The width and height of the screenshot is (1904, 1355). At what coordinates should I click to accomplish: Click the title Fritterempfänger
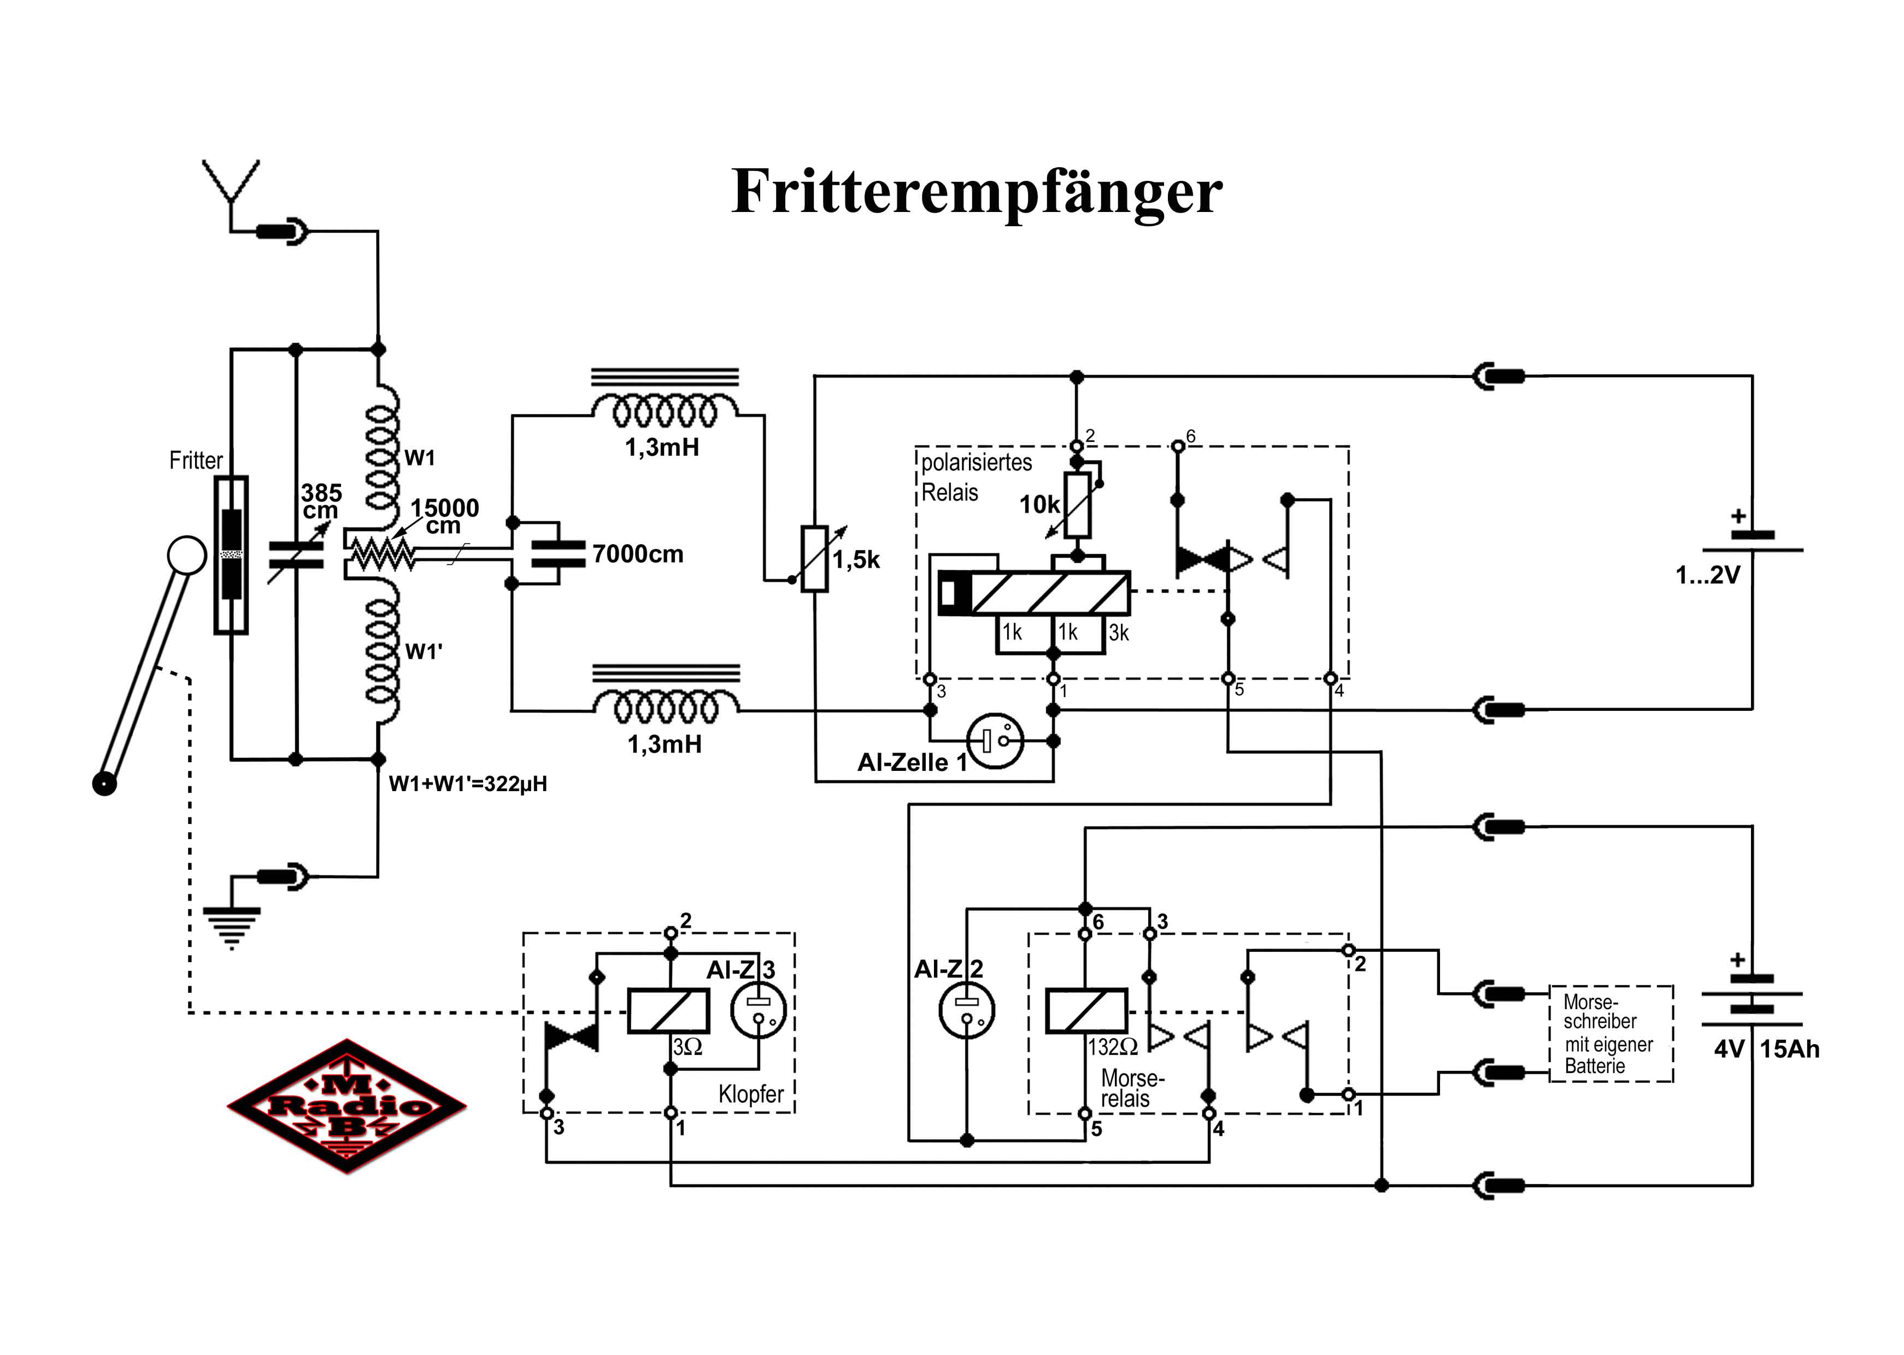[x=976, y=192]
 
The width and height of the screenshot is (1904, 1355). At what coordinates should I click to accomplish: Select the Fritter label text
[x=196, y=461]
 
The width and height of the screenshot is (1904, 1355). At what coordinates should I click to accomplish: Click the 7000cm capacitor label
[x=637, y=554]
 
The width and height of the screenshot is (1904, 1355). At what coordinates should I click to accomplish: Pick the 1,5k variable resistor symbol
[x=814, y=558]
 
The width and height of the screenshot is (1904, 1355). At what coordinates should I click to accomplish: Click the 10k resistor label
[x=1039, y=505]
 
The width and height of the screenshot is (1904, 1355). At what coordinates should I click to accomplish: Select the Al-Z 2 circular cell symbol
[x=966, y=1010]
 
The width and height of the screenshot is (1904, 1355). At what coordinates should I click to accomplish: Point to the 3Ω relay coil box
[x=668, y=1011]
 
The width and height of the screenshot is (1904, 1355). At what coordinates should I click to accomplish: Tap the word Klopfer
[x=751, y=1094]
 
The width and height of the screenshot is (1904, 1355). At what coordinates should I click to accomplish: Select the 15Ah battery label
[x=1790, y=1050]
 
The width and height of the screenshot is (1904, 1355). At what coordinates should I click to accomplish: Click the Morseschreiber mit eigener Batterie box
[x=1611, y=1034]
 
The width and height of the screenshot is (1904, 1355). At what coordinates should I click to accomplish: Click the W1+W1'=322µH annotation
[x=468, y=784]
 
